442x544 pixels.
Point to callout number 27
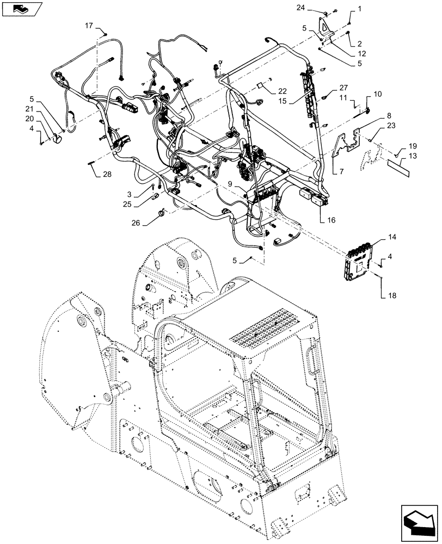pyautogui.click(x=343, y=88)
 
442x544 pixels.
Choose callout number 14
pyautogui.click(x=392, y=238)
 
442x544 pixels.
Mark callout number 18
pyautogui.click(x=392, y=295)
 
